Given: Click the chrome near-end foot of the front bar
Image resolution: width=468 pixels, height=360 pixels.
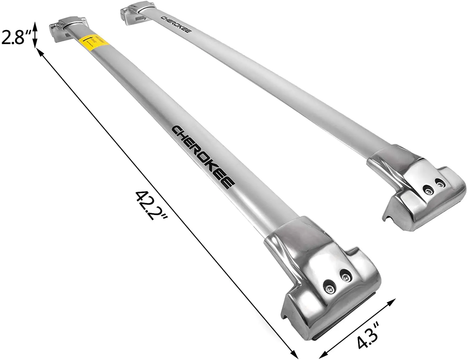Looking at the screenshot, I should click(321, 281).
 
